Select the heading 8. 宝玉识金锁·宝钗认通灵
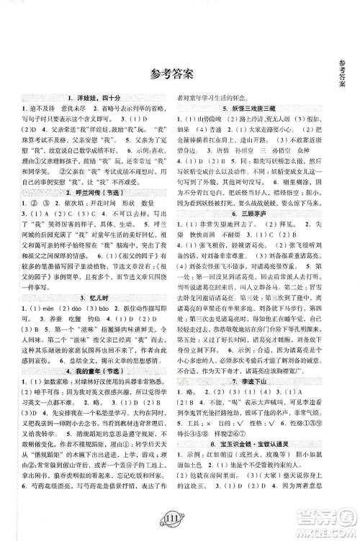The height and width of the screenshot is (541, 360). click(258, 478)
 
